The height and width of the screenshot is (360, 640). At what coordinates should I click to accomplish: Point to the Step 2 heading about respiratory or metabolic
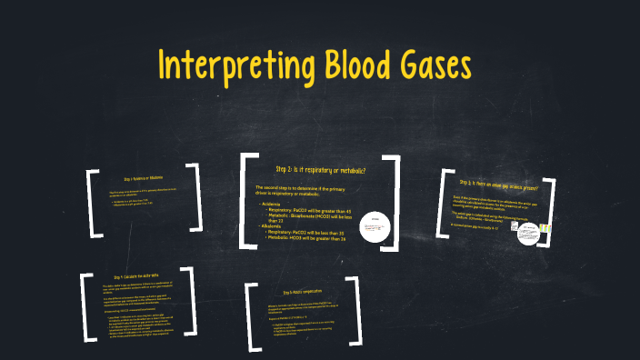tap(320, 170)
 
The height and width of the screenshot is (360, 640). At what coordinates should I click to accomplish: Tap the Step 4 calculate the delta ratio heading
tap(137, 276)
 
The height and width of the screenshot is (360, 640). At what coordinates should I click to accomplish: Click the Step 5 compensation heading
tap(297, 293)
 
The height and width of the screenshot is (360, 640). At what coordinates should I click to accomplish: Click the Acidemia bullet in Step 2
tap(270, 205)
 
